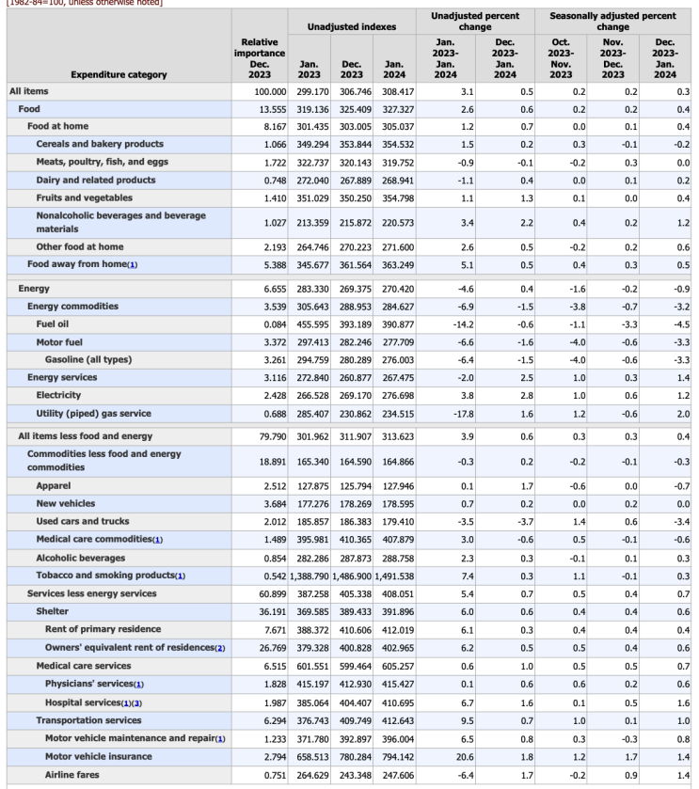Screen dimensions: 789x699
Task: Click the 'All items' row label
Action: [29, 92]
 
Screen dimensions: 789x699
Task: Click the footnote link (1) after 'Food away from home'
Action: [133, 264]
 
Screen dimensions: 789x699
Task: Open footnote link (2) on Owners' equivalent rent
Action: [219, 648]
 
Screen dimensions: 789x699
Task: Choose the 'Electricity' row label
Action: [58, 395]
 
